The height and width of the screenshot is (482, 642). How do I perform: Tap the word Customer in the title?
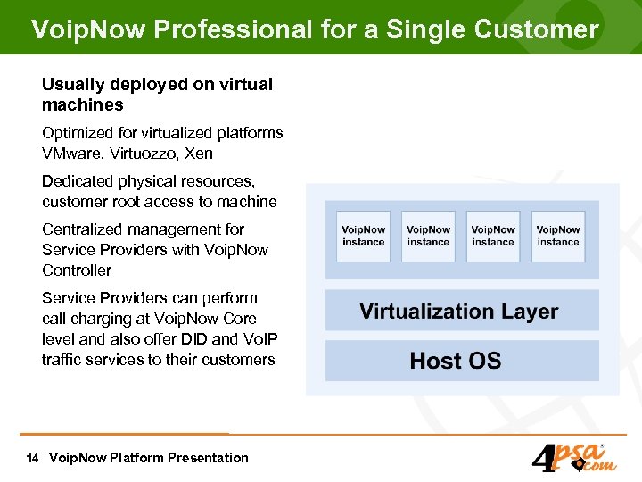pyautogui.click(x=537, y=29)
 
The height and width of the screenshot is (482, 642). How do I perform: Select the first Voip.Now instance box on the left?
pyautogui.click(x=363, y=237)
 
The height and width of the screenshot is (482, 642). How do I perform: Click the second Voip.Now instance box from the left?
pyautogui.click(x=428, y=237)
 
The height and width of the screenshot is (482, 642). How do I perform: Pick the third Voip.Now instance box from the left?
pyautogui.click(x=493, y=237)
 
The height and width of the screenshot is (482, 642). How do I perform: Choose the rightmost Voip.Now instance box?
pyautogui.click(x=558, y=237)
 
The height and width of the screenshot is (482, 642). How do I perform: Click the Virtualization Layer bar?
pyautogui.click(x=459, y=312)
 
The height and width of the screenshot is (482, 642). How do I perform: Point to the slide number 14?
pyautogui.click(x=32, y=458)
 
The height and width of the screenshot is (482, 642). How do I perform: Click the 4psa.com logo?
pyautogui.click(x=571, y=456)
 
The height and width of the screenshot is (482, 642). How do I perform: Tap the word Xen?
pyautogui.click(x=199, y=154)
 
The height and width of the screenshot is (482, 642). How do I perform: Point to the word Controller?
pyautogui.click(x=77, y=270)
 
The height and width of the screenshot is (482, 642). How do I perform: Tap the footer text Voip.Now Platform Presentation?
pyautogui.click(x=149, y=458)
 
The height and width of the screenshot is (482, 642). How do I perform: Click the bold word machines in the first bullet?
pyautogui.click(x=83, y=105)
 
